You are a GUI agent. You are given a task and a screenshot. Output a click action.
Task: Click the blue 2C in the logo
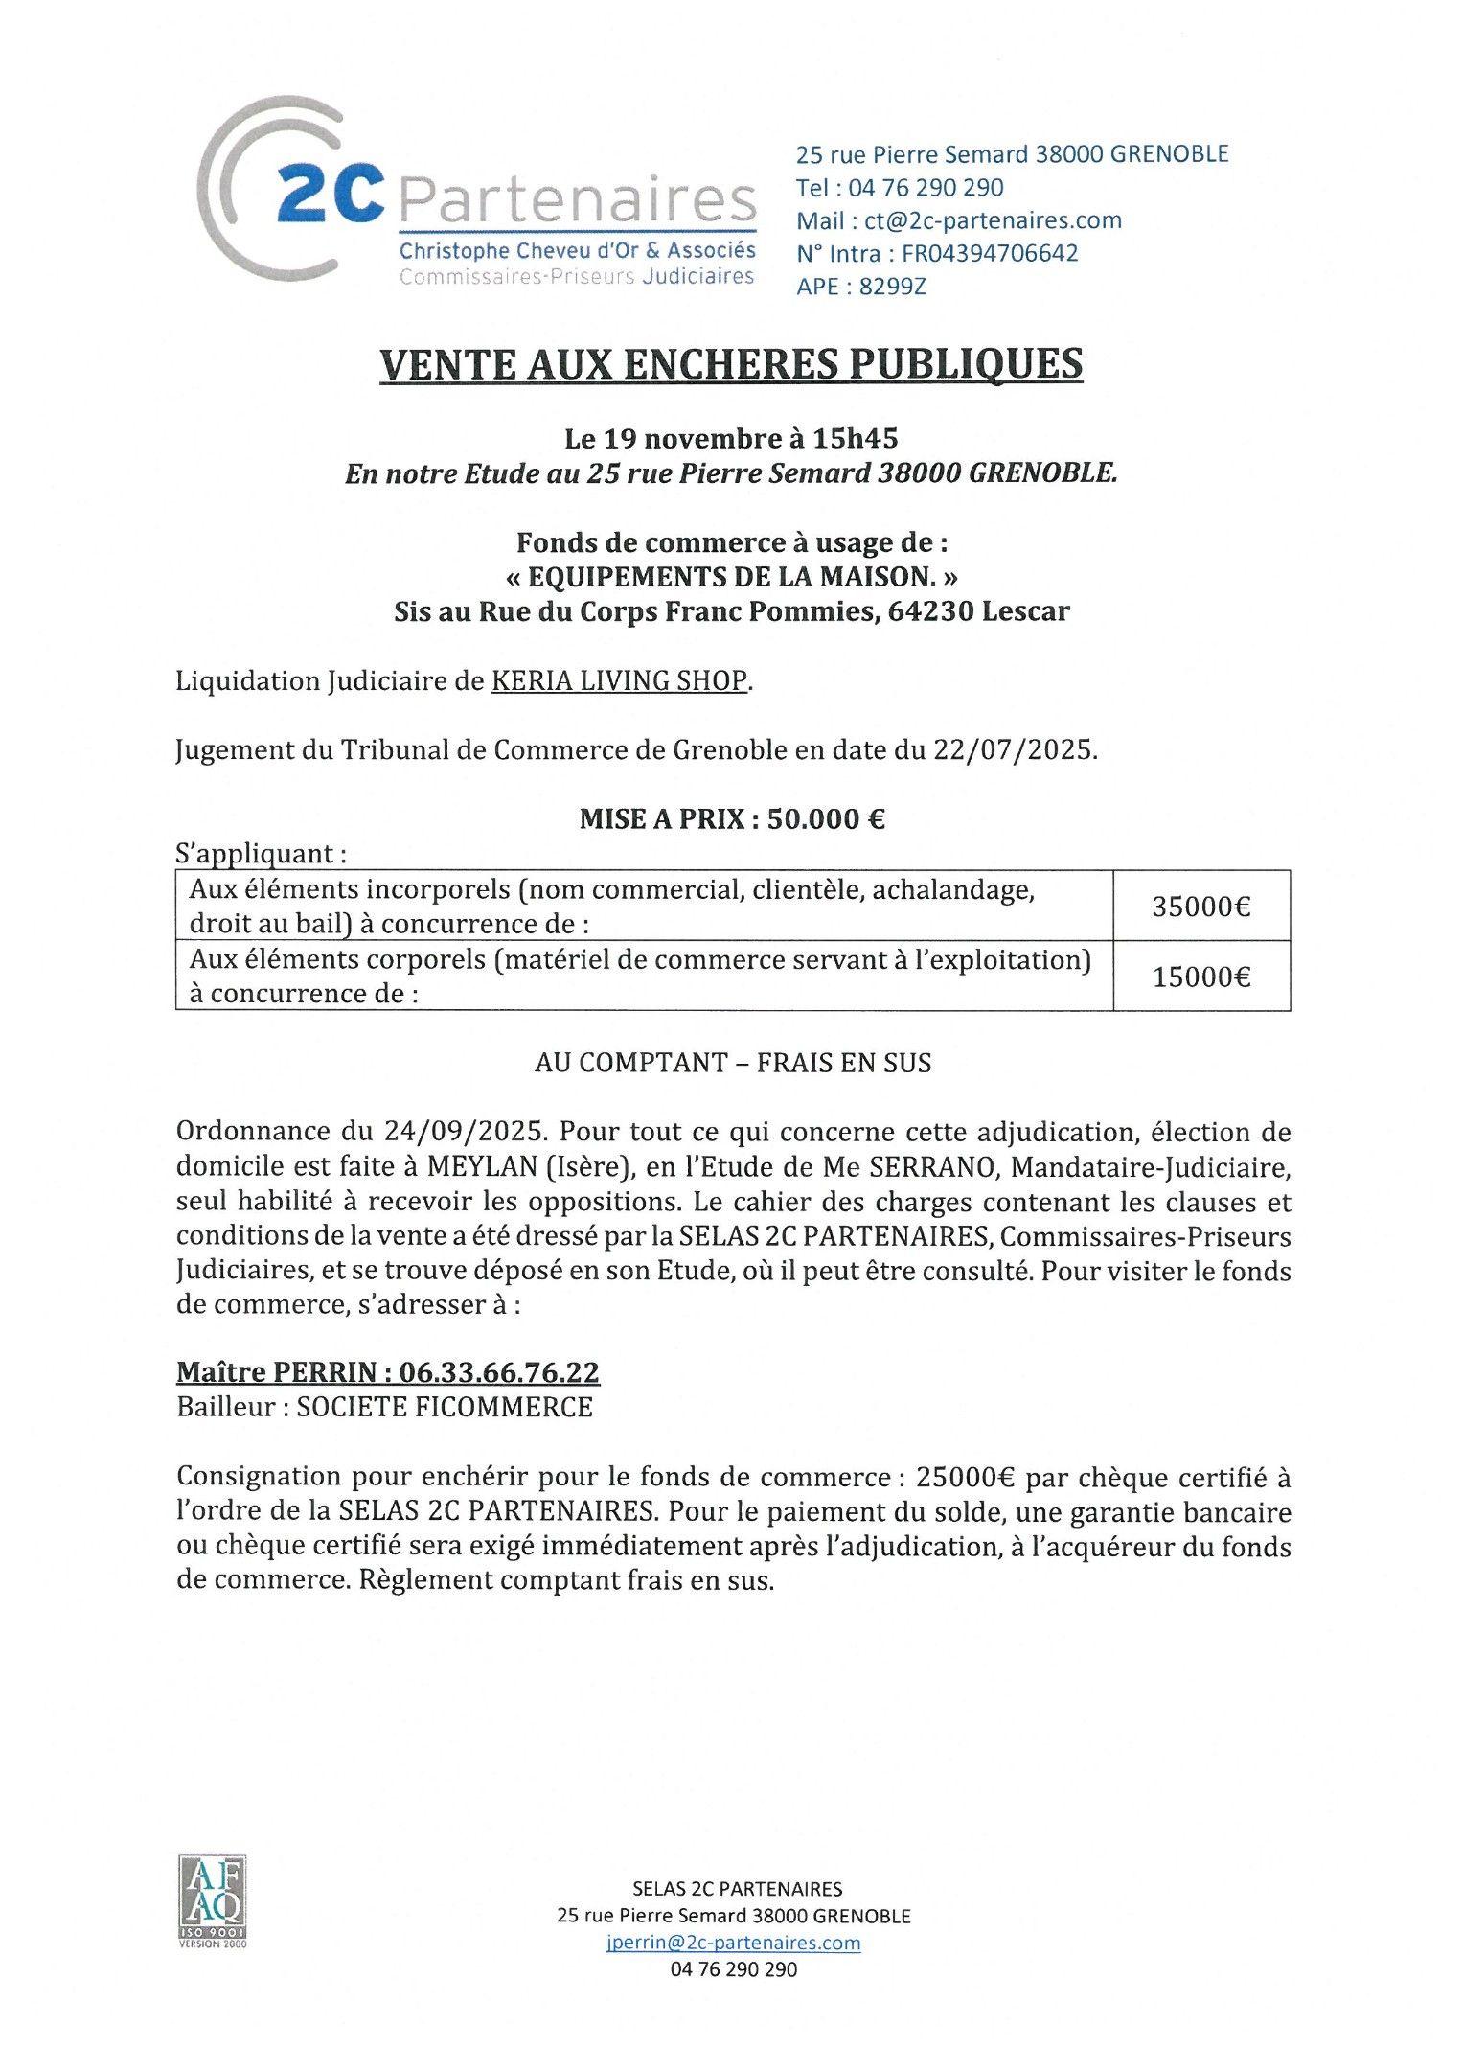click(x=331, y=193)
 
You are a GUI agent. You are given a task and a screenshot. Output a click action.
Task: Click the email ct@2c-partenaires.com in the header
click(x=993, y=220)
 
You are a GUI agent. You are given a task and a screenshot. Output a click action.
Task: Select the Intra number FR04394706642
click(x=990, y=253)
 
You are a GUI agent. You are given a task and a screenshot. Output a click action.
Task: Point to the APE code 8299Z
click(x=892, y=287)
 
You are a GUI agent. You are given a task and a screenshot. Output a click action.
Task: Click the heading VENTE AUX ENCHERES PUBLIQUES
click(x=731, y=364)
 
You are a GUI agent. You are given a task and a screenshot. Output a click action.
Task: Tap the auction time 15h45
click(x=855, y=439)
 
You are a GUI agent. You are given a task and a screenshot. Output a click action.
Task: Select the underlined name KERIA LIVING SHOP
click(x=619, y=680)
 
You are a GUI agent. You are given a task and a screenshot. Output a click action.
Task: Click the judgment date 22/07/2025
click(x=1014, y=749)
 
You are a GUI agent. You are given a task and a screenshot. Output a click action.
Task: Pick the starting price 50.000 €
click(x=826, y=819)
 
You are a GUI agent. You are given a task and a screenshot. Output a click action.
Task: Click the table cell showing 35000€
click(x=1200, y=907)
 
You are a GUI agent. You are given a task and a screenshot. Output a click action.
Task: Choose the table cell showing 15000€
click(x=1200, y=977)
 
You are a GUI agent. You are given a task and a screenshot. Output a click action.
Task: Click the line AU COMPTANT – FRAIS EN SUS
click(x=733, y=1063)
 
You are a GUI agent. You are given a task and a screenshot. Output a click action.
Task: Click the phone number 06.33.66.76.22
click(x=499, y=1372)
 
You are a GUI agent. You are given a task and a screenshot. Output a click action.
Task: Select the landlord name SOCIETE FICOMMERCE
click(x=445, y=1407)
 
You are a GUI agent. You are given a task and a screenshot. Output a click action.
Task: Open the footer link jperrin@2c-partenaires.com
click(x=733, y=1943)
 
